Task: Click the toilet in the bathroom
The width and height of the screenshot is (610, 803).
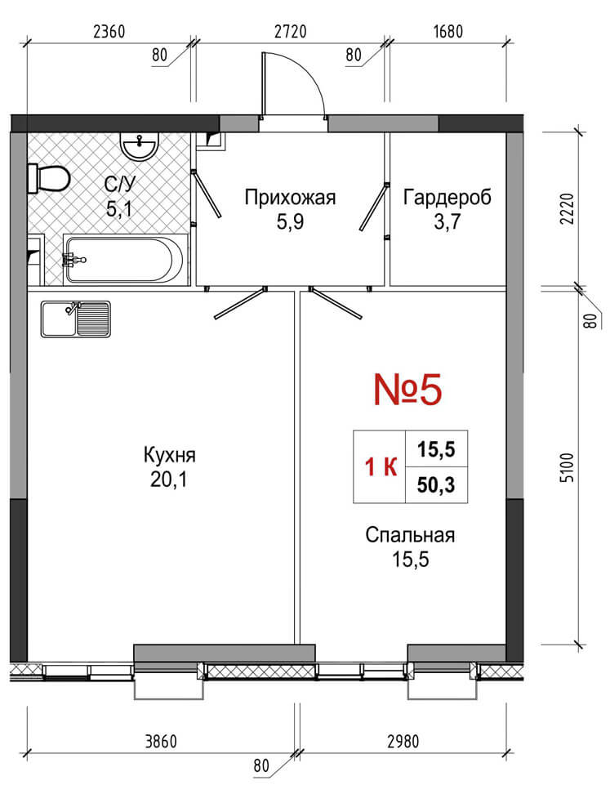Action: (x=49, y=178)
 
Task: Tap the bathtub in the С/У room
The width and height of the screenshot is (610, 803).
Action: (x=122, y=259)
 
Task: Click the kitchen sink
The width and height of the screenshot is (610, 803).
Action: (x=76, y=319)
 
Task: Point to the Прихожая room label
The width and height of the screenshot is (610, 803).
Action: (x=290, y=197)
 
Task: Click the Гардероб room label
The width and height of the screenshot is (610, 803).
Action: (x=447, y=197)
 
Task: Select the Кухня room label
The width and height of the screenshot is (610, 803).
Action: (x=169, y=455)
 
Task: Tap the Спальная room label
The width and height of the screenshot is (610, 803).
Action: (x=410, y=534)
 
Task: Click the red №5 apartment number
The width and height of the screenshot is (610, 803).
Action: (x=407, y=389)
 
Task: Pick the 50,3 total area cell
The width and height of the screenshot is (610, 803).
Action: (x=436, y=484)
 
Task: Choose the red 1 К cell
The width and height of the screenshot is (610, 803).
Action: (x=381, y=466)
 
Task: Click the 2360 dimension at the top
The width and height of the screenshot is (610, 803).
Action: (x=109, y=32)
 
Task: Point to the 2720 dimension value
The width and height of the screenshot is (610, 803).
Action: (x=291, y=32)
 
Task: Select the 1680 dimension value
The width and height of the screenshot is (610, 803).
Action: (x=448, y=32)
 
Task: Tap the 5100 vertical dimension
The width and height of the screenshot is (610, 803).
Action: (x=568, y=467)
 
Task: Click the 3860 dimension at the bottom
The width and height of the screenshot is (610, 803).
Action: (x=161, y=741)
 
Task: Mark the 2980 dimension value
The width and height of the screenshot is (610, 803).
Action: (x=403, y=741)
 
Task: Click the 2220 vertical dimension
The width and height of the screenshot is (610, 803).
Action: (x=568, y=209)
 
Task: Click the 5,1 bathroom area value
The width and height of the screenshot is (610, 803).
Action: (x=119, y=208)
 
